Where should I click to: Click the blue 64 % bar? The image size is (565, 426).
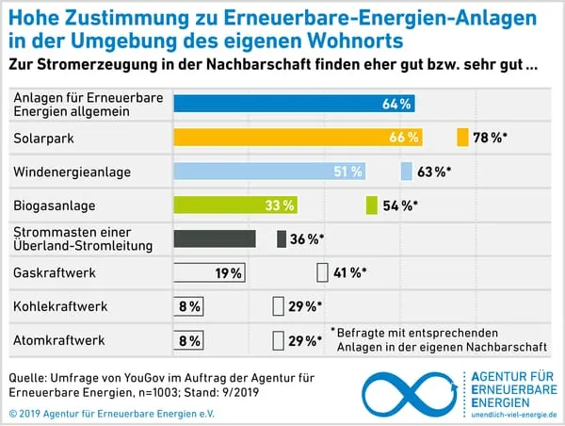click(294, 104)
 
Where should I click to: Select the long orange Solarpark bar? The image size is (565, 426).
click(298, 138)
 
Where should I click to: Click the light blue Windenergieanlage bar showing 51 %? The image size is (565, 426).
click(269, 172)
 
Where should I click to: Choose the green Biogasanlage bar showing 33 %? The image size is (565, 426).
click(235, 205)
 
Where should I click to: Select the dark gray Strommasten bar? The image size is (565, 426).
click(215, 239)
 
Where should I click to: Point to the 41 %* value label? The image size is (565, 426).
click(348, 273)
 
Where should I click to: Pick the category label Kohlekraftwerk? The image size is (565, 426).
click(60, 306)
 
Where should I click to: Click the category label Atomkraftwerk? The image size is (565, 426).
click(57, 340)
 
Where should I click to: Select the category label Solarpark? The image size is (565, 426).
click(40, 138)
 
